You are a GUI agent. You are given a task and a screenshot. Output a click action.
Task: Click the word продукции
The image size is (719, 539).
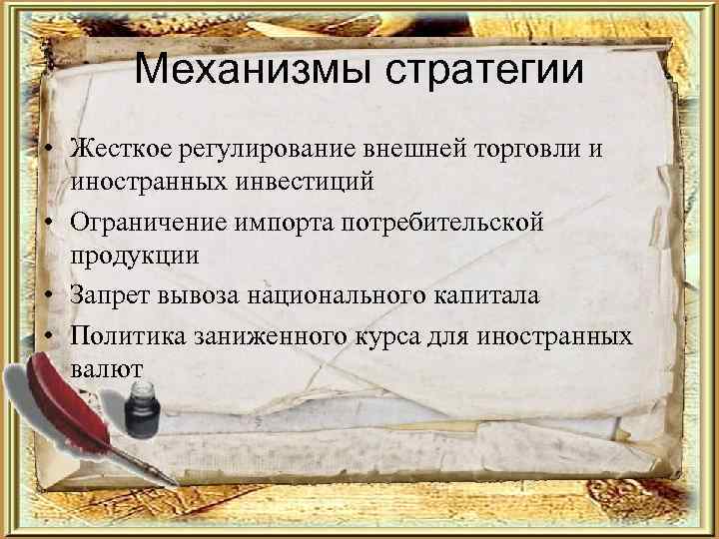[x=135, y=257]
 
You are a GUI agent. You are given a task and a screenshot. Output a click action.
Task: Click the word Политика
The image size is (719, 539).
[x=127, y=334]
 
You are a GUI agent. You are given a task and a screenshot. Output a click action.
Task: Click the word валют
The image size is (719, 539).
[x=107, y=368]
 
